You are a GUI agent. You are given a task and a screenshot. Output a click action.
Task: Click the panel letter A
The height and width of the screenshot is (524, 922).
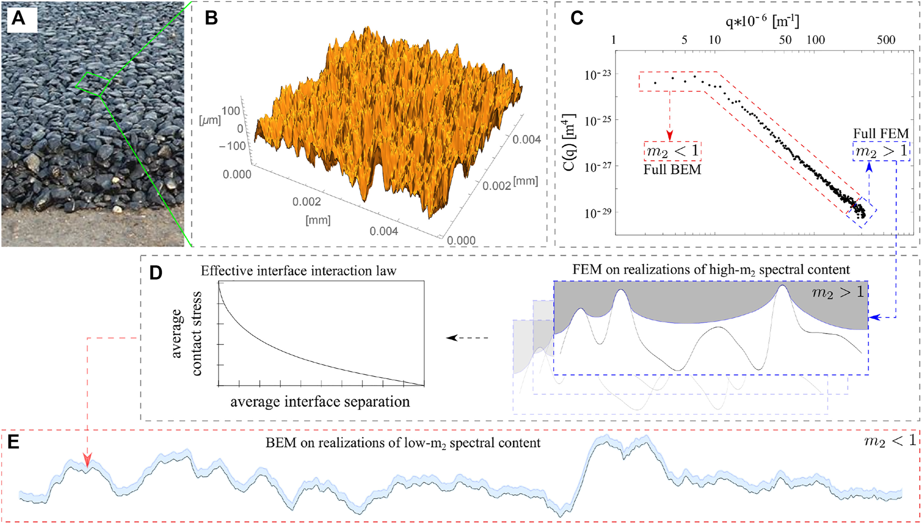click(19, 19)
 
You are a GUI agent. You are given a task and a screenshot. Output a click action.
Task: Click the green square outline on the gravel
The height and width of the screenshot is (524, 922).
click(92, 84)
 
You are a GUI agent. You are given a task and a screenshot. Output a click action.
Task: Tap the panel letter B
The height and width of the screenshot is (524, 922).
click(211, 18)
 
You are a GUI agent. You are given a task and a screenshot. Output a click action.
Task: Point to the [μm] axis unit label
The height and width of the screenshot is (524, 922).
click(210, 120)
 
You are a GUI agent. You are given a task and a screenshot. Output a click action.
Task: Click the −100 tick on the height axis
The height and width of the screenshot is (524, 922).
click(233, 146)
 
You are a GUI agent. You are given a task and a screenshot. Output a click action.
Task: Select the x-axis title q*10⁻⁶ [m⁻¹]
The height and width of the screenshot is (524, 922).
click(762, 21)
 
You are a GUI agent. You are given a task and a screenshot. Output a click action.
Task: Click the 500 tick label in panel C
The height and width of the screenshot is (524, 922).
click(886, 40)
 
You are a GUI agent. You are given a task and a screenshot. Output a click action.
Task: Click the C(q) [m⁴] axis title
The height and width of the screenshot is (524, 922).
click(569, 142)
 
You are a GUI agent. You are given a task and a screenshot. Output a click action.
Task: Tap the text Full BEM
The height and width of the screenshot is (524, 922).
click(672, 170)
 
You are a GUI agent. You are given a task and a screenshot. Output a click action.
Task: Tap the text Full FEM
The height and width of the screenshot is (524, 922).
click(880, 134)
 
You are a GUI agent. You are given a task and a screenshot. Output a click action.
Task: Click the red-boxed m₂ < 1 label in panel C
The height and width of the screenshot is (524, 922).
click(672, 151)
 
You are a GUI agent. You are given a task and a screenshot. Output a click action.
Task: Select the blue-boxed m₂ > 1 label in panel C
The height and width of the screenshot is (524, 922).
click(881, 151)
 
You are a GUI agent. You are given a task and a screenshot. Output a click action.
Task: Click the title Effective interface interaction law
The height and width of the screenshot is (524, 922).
click(298, 271)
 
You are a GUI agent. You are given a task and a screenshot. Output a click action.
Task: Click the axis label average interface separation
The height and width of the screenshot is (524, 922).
click(320, 402)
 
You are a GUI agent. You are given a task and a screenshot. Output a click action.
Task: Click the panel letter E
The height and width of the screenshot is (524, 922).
click(13, 442)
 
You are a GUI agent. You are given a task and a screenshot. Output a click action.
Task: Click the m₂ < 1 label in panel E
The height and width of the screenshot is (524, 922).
click(890, 441)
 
